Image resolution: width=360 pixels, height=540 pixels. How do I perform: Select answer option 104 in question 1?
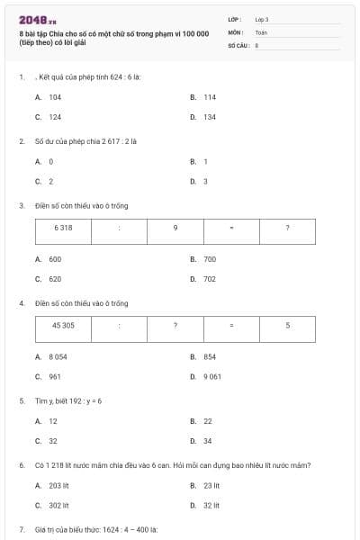coord(55,96)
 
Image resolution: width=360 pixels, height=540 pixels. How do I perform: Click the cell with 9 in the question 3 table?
coord(175,228)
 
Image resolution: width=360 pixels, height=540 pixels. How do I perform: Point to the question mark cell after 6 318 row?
coord(287,228)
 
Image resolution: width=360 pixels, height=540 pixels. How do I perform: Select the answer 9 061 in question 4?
coord(212,376)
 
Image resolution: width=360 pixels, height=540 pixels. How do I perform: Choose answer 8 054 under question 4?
coord(58,357)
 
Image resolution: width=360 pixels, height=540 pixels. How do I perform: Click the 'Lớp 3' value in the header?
coord(261,19)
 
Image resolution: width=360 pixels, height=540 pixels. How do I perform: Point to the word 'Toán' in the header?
coord(261,31)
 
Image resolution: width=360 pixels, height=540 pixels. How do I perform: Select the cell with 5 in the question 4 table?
coord(287,325)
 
